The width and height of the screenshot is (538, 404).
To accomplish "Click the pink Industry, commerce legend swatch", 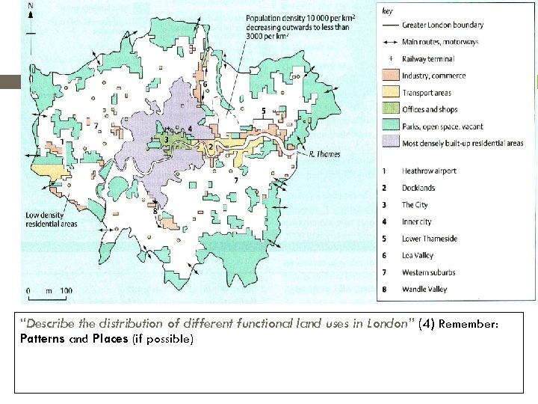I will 391,76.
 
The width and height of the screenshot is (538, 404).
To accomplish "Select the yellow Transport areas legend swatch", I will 391,93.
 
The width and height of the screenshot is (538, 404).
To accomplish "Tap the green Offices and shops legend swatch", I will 391,109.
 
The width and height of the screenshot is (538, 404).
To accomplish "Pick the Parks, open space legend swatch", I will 391,126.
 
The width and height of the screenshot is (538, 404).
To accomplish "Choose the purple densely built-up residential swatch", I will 391,143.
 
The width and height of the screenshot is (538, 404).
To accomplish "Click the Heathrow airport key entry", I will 429,171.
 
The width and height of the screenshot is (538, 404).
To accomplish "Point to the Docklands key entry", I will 418,188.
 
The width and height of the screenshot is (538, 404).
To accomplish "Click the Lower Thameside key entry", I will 429,239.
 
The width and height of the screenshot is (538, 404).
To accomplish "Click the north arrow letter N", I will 30,5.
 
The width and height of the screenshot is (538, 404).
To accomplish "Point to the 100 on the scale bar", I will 66,290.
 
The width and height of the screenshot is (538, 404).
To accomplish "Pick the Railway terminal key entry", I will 427,59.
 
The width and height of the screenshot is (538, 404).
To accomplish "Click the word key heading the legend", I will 387,11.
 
